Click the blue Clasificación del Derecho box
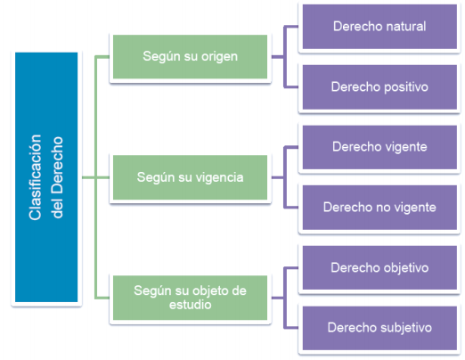(x=46, y=177)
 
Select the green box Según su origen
(x=190, y=57)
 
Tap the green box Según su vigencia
(x=190, y=177)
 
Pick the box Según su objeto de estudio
(x=190, y=298)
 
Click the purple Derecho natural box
(x=379, y=27)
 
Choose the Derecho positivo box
(x=379, y=87)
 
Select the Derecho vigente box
(x=379, y=147)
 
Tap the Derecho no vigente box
(x=379, y=208)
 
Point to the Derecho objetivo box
(x=379, y=267)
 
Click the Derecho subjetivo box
(x=379, y=328)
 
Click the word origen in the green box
(x=219, y=57)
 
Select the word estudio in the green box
(x=191, y=305)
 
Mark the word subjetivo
(x=406, y=328)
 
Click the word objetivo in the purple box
(x=406, y=268)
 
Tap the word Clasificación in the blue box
(x=35, y=177)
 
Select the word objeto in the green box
(x=211, y=291)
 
